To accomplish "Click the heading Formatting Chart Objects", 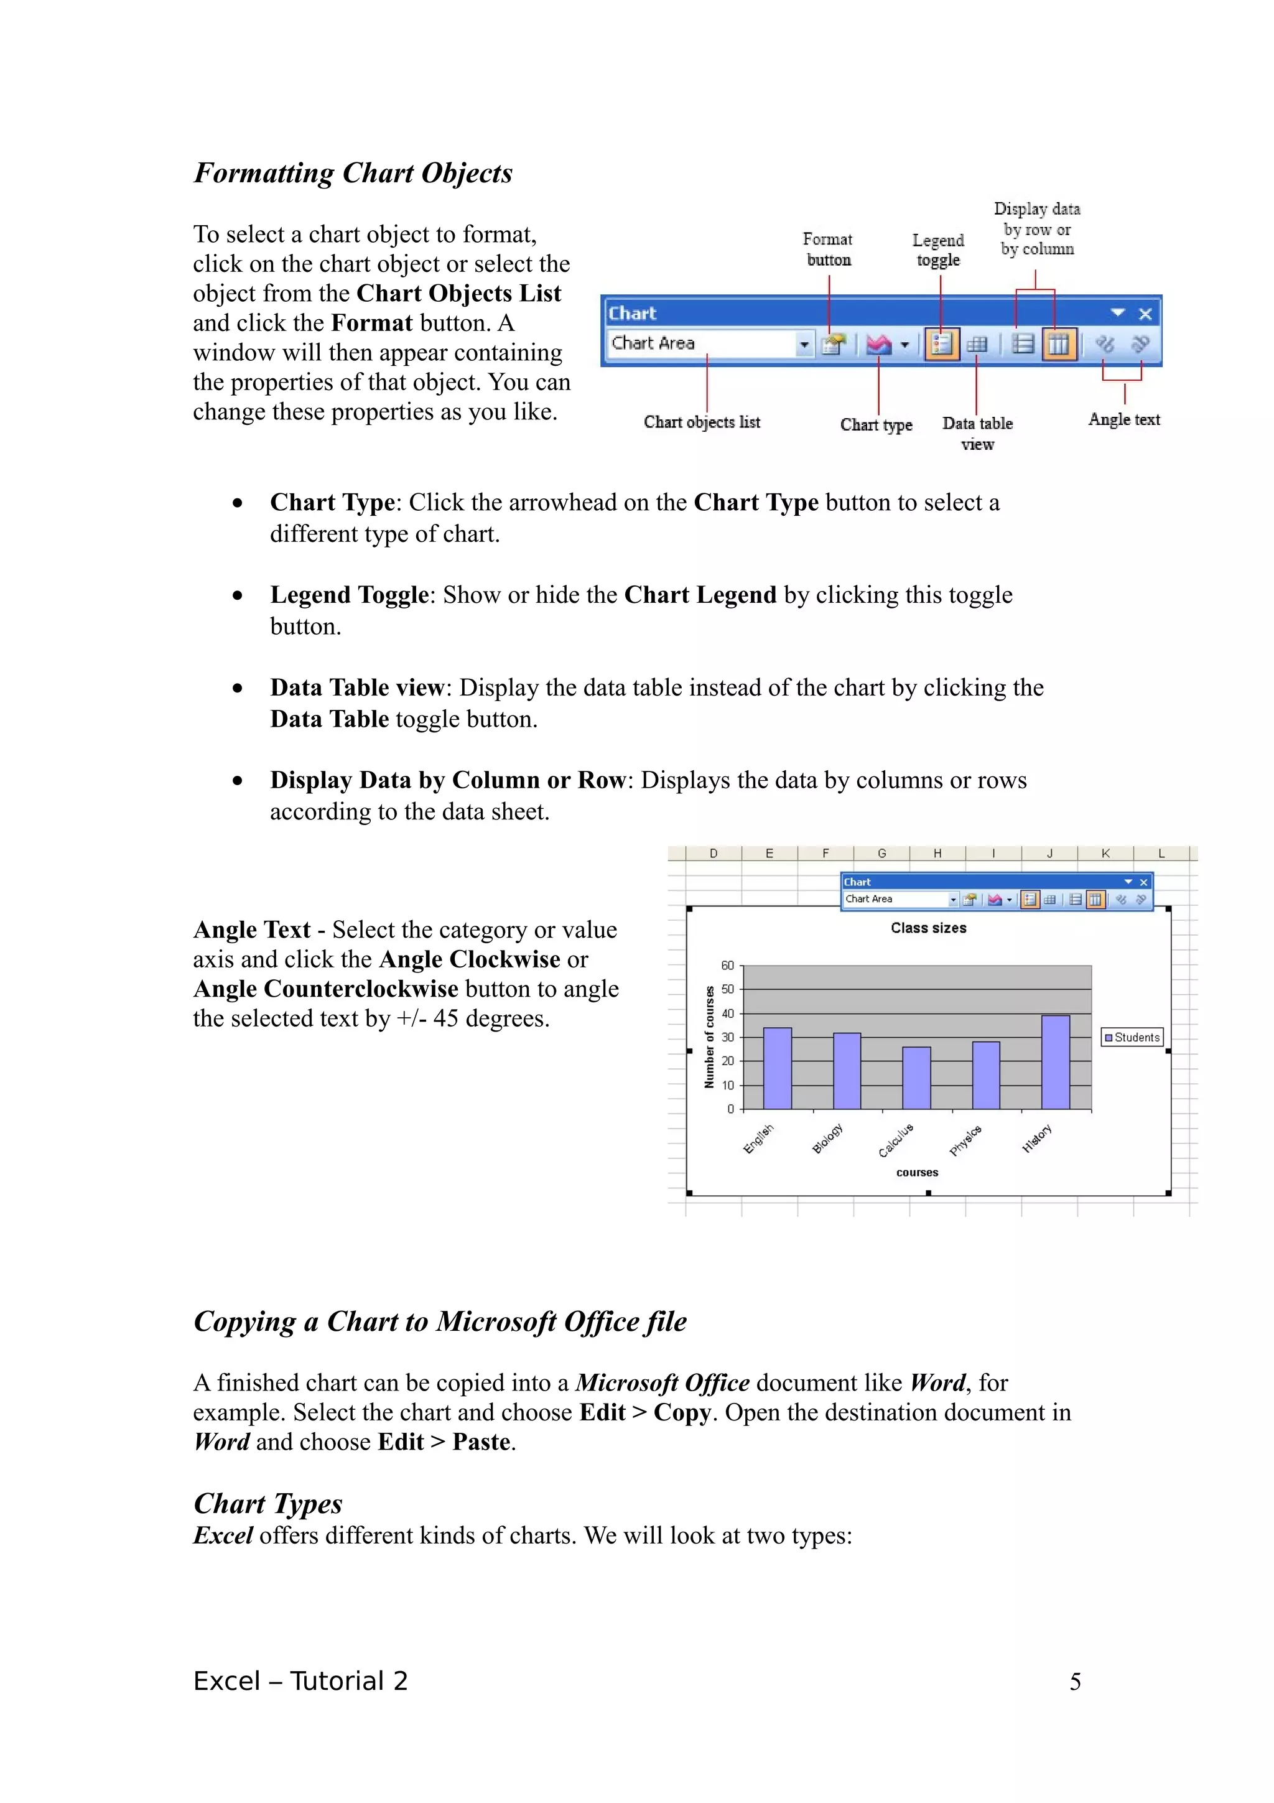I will tap(353, 173).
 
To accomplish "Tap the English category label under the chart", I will tap(758, 1138).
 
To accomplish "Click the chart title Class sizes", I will tap(928, 928).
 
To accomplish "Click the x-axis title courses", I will tap(917, 1172).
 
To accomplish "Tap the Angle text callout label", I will tap(1123, 419).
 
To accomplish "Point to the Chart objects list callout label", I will tap(702, 422).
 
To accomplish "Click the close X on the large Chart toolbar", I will tap(1145, 314).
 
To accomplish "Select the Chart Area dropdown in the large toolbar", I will tap(710, 344).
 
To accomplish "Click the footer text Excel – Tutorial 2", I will tap(300, 1681).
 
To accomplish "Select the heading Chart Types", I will tap(267, 1503).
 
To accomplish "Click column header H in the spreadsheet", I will tap(937, 854).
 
